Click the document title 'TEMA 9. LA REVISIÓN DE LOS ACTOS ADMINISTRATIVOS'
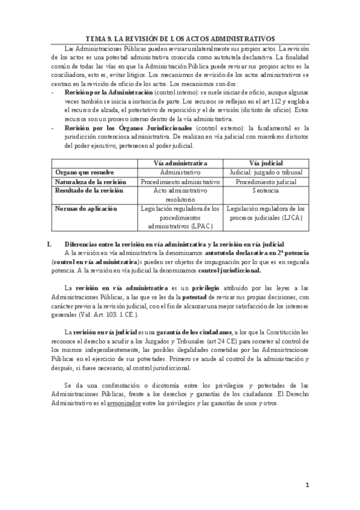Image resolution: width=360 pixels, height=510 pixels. (180, 37)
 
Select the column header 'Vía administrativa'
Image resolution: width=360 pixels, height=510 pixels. (180, 162)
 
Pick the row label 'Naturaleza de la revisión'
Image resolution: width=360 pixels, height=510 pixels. (91, 181)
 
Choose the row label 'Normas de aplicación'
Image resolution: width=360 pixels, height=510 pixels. (85, 209)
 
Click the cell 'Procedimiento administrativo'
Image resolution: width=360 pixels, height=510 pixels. (180, 181)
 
